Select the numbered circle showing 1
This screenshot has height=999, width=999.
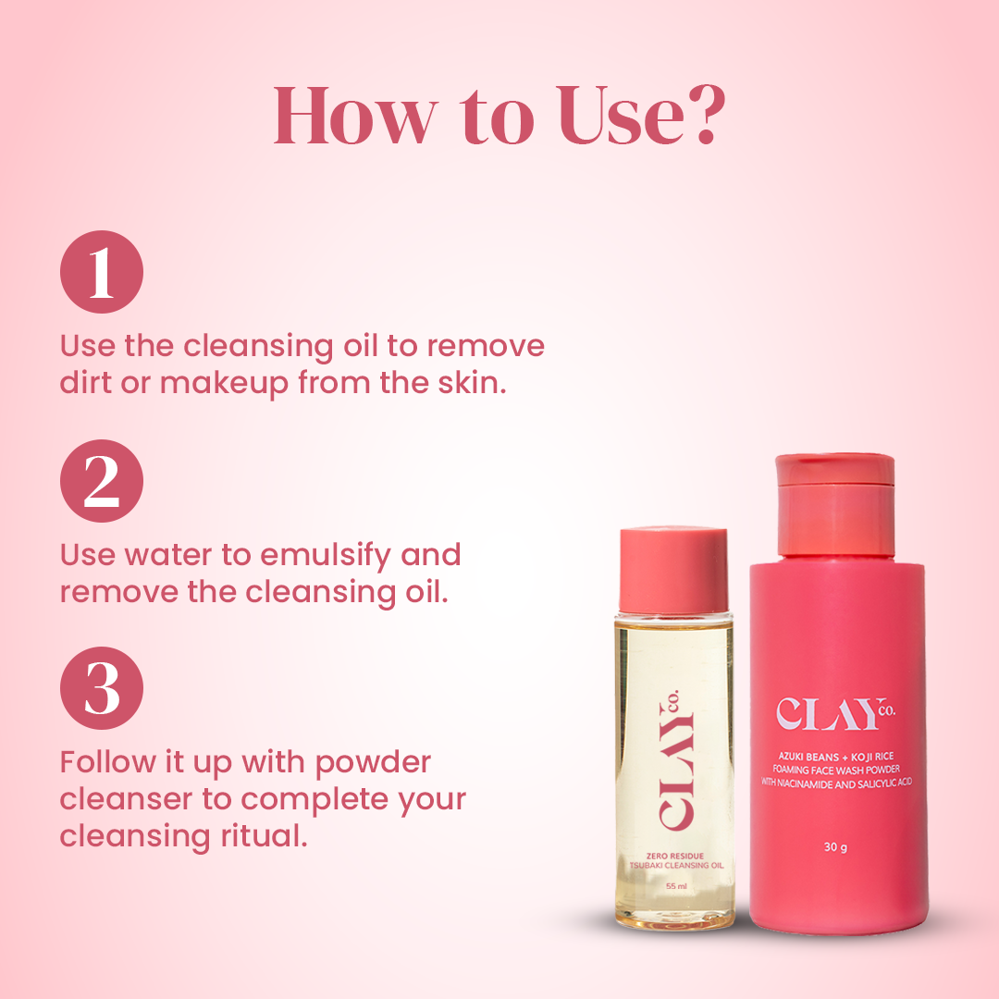point(102,272)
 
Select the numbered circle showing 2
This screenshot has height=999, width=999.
point(102,481)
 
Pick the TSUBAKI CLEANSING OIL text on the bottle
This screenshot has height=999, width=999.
point(676,865)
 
